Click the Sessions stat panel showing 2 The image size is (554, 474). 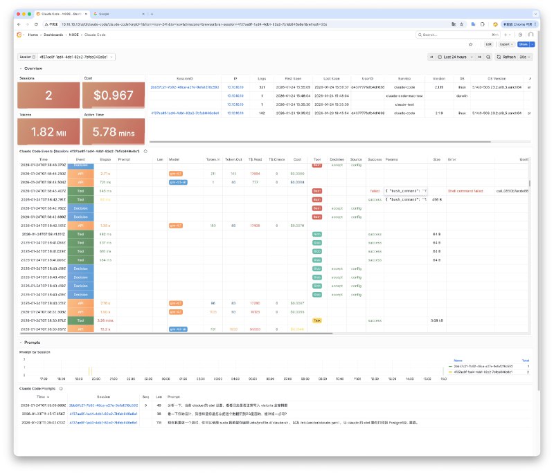(x=48, y=95)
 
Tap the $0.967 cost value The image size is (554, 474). (x=114, y=95)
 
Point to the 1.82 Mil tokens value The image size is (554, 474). (x=48, y=131)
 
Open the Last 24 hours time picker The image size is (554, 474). (x=454, y=57)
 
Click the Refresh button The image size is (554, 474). (x=508, y=57)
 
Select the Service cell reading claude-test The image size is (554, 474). (x=400, y=104)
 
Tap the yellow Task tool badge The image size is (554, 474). (x=316, y=320)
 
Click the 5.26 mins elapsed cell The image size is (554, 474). (x=105, y=320)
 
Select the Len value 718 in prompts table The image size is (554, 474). (x=159, y=421)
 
